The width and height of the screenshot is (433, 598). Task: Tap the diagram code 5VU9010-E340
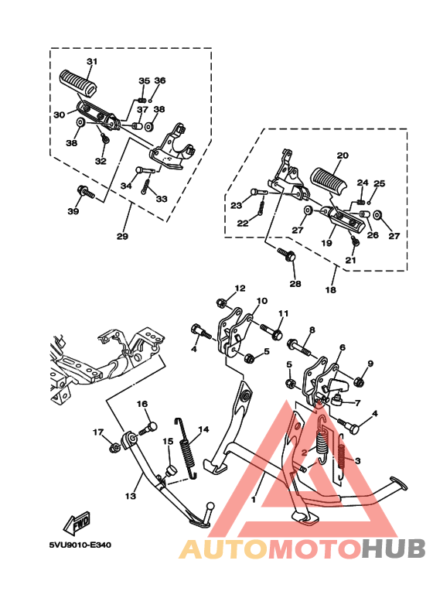[x=80, y=545]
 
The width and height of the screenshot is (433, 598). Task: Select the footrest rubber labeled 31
[x=80, y=81]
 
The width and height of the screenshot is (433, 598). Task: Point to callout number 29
[x=122, y=237]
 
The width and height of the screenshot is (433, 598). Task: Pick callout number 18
[x=330, y=290]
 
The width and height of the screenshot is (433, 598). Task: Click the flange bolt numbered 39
[x=86, y=193]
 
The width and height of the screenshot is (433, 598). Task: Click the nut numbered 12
[x=221, y=303]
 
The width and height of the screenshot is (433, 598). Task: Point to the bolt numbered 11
[x=271, y=331]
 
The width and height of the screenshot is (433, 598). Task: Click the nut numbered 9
[x=358, y=381]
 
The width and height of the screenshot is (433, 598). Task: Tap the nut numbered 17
[x=113, y=448]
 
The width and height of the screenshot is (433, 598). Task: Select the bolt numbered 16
[x=148, y=429]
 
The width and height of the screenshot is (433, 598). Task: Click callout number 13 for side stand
[x=131, y=496]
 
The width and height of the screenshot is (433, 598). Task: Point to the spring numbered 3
[x=342, y=462]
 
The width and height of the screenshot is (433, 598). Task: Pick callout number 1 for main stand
[x=254, y=499]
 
